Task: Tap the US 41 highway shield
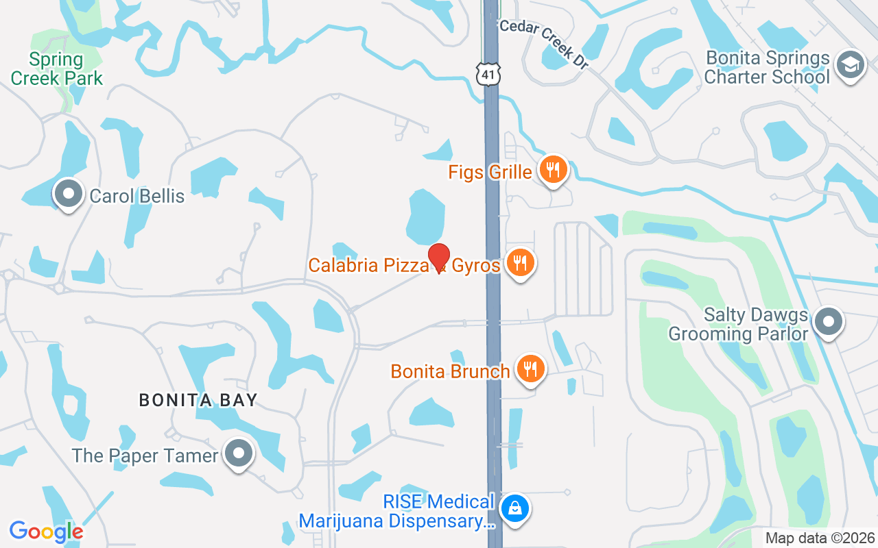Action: pos(490,74)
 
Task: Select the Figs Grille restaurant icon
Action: pos(552,169)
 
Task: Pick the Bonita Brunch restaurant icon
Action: pos(530,369)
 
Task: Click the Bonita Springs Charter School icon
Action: pos(851,66)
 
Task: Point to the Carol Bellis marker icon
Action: pos(68,195)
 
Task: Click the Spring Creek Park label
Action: pos(56,68)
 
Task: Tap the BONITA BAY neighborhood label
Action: pos(198,400)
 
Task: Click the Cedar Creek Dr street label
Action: pos(545,42)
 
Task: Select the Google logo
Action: pos(46,531)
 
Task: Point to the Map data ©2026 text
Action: pos(819,538)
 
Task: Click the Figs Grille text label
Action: pos(490,171)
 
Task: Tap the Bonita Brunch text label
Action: pos(450,371)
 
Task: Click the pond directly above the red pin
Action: pos(426,216)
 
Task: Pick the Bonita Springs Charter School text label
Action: pos(767,67)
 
